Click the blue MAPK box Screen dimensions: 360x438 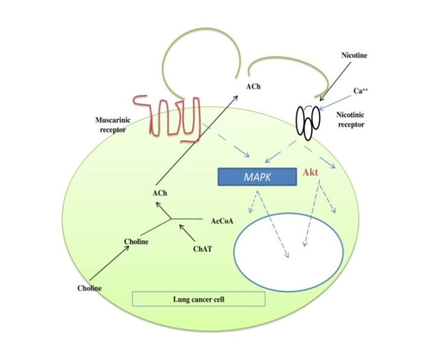(256, 176)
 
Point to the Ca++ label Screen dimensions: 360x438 (362, 90)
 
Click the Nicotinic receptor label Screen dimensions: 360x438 (366, 118)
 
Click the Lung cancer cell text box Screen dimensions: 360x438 (198, 298)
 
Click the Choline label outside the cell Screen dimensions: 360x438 (89, 288)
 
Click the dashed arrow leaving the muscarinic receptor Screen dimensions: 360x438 (226, 144)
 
